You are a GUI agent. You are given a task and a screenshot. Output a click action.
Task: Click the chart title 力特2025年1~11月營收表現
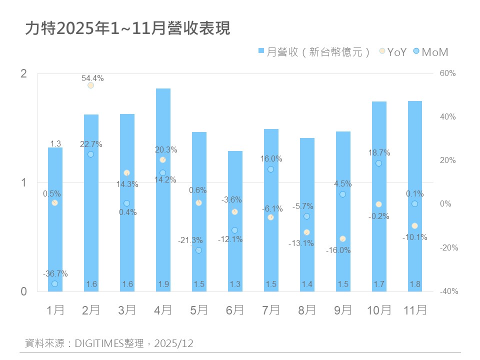click(x=127, y=28)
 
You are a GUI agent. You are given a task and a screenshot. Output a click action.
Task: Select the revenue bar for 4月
click(x=163, y=190)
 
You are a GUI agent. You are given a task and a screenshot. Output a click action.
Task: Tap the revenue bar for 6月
click(x=235, y=220)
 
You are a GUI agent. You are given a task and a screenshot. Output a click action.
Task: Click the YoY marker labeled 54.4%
click(x=90, y=85)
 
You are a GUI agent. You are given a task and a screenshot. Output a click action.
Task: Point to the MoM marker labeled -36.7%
click(x=54, y=283)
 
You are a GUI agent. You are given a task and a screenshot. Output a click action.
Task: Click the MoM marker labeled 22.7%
click(x=90, y=154)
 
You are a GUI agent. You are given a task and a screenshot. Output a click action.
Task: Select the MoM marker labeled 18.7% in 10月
click(x=378, y=163)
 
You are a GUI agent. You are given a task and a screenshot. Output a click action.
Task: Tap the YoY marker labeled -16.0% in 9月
click(x=342, y=238)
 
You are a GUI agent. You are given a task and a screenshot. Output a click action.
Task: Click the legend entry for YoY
click(x=393, y=52)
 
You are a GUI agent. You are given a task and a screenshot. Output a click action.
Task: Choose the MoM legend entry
click(x=430, y=52)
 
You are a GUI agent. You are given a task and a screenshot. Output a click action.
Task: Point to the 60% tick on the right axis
click(x=448, y=73)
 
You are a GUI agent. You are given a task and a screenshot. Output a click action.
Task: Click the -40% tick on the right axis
click(x=448, y=291)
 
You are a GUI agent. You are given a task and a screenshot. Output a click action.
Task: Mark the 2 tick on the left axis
click(x=23, y=74)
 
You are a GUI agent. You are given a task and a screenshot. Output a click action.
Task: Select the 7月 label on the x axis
click(x=271, y=310)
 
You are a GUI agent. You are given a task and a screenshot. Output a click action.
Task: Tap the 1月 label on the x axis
click(x=55, y=310)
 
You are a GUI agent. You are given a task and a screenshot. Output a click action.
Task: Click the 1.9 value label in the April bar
click(x=163, y=284)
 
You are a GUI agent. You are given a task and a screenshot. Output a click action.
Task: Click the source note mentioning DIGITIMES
click(x=109, y=343)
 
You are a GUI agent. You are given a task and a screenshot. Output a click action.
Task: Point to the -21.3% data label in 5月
click(x=190, y=240)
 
